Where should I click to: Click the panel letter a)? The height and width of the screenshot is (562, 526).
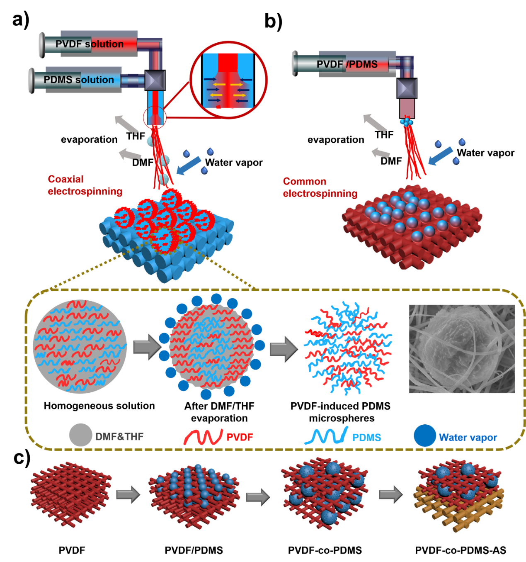coord(21,20)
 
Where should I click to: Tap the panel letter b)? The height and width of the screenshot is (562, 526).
coord(273,22)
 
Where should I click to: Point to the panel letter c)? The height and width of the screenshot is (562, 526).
coord(22,458)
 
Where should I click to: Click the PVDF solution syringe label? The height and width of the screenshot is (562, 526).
coord(90,44)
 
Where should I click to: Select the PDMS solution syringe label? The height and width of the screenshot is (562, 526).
coord(79,80)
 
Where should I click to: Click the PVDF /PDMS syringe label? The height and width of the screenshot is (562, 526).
coord(347,64)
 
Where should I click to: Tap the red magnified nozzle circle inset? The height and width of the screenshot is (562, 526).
coord(228,80)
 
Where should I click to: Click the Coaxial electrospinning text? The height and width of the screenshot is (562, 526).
coord(85,185)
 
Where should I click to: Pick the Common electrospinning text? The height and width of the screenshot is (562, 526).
coord(320,187)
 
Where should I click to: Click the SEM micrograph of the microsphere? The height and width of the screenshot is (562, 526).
coord(462,349)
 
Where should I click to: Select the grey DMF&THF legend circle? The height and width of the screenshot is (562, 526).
coord(80,435)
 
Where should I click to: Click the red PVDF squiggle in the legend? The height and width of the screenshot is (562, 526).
coord(203,437)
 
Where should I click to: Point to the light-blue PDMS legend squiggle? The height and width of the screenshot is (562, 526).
coord(326,436)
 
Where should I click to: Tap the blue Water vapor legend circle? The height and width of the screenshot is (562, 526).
coord(424,436)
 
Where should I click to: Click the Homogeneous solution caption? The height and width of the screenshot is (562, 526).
coord(99,406)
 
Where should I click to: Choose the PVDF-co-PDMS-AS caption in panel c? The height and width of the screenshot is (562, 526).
coord(461,550)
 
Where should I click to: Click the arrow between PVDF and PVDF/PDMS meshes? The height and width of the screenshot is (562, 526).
coord(128,495)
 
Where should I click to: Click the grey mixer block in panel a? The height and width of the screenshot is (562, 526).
coord(155,80)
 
